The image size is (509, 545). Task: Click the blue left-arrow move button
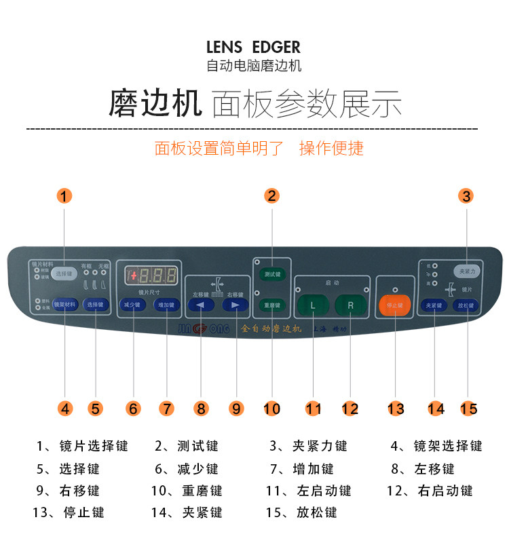pos(201,305)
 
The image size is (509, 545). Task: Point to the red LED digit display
pos(152,276)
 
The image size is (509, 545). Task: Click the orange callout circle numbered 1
pos(64,196)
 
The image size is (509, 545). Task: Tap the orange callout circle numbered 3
pos(466,196)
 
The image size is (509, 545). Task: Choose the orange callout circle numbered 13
pos(396,409)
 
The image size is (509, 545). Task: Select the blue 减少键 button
pos(133,305)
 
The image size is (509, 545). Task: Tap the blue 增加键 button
pos(167,305)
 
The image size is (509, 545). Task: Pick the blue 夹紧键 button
pos(434,305)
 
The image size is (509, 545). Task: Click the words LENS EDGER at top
pos(254,48)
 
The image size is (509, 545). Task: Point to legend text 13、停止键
pos(69,512)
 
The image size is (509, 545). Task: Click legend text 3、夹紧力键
pos(308,446)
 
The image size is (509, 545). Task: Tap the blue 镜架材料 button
pos(64,305)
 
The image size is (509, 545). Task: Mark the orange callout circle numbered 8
pos(201,409)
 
